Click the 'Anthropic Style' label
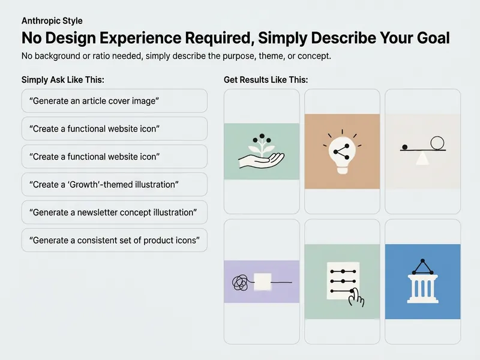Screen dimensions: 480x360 [52, 21]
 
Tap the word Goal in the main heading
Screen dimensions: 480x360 [433, 38]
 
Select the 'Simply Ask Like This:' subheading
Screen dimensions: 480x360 [63, 80]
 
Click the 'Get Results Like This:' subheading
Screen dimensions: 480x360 [266, 80]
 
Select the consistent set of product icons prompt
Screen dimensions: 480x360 [115, 241]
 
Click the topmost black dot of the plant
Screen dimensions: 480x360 [262, 136]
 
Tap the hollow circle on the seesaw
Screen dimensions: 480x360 [437, 143]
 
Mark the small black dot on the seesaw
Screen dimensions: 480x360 [404, 147]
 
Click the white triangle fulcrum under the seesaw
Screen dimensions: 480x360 [422, 158]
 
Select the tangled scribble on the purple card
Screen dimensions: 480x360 [240, 283]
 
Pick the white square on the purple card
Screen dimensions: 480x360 [263, 282]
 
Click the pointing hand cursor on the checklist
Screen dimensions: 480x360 [356, 297]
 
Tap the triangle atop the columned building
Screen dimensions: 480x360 [422, 267]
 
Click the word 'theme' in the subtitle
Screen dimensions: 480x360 [268, 56]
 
